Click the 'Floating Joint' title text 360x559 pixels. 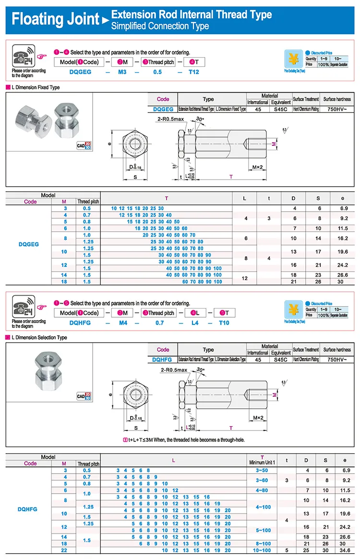tap(55, 20)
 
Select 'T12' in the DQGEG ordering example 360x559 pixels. tap(193, 72)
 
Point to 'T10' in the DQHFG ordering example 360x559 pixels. tap(224, 323)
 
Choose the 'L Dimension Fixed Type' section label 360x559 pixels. tap(35, 87)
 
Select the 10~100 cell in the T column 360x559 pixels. tap(262, 550)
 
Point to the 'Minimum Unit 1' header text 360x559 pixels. tap(262, 463)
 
